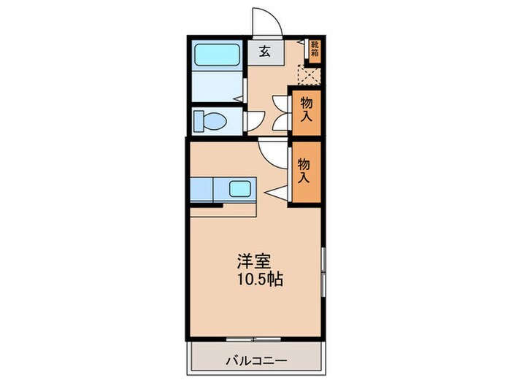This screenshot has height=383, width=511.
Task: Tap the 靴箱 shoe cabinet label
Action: coord(315,49)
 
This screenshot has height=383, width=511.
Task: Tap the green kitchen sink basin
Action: coord(240,189)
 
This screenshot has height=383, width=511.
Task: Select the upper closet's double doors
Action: coord(283,113)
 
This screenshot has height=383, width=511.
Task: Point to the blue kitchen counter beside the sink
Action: coord(203,190)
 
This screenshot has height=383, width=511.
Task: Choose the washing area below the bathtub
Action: coord(217,88)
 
